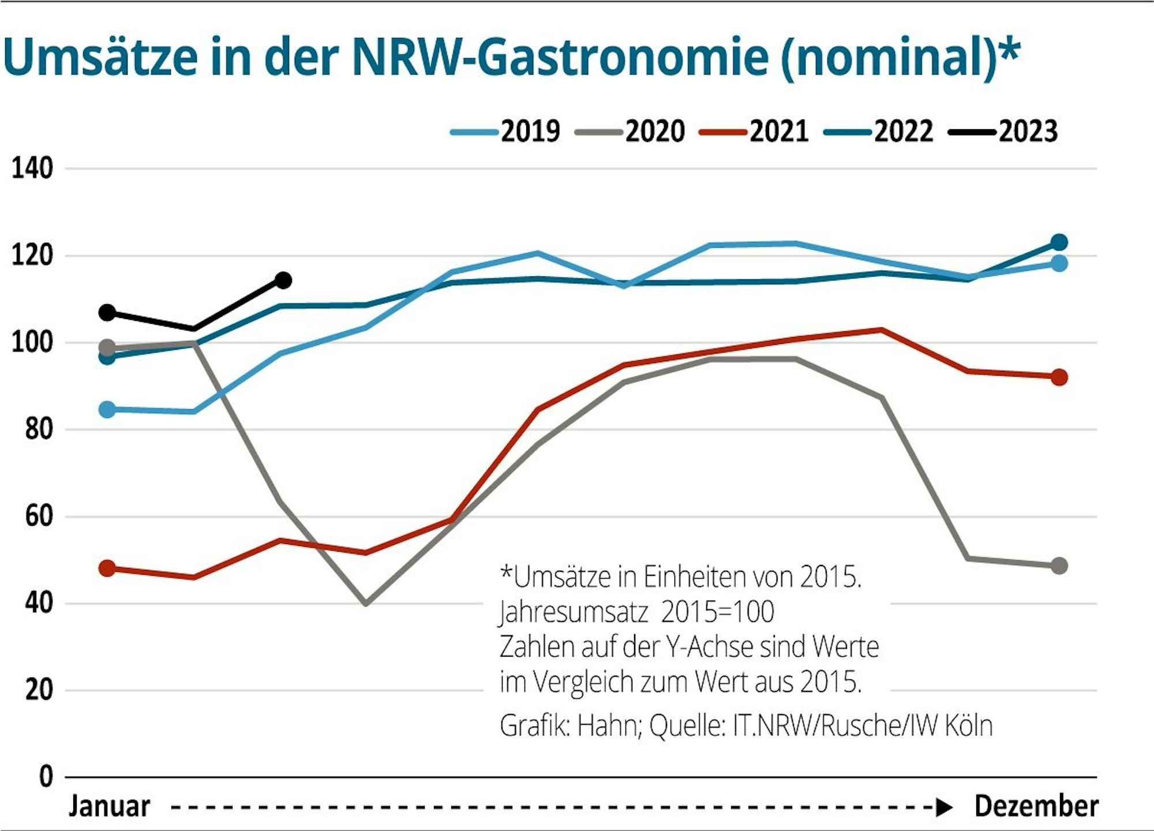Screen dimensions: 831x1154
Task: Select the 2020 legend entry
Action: tap(631, 132)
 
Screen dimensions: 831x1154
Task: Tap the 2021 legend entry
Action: tap(755, 132)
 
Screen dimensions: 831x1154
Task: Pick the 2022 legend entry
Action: tap(880, 132)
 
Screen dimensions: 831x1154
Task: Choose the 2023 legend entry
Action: tap(1005, 132)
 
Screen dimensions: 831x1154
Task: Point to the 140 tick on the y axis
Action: tap(32, 169)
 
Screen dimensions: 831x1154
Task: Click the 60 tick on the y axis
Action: tap(39, 516)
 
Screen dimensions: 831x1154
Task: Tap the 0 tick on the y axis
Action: tap(46, 777)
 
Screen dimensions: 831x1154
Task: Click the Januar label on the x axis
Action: tap(110, 806)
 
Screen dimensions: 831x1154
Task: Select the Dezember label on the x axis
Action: tap(1036, 806)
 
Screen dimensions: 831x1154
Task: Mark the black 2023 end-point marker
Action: tap(283, 280)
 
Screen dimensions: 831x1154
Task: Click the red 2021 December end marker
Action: tap(1059, 377)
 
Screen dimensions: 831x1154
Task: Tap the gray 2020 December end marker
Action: tap(1059, 566)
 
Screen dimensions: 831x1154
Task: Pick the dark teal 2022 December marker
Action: tap(1059, 242)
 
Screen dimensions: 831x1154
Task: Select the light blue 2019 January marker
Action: tap(107, 410)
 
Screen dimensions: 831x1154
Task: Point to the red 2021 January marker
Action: tap(107, 568)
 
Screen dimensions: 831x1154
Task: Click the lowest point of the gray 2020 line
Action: tap(365, 603)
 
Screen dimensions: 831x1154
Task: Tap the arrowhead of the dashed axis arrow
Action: tap(944, 807)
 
